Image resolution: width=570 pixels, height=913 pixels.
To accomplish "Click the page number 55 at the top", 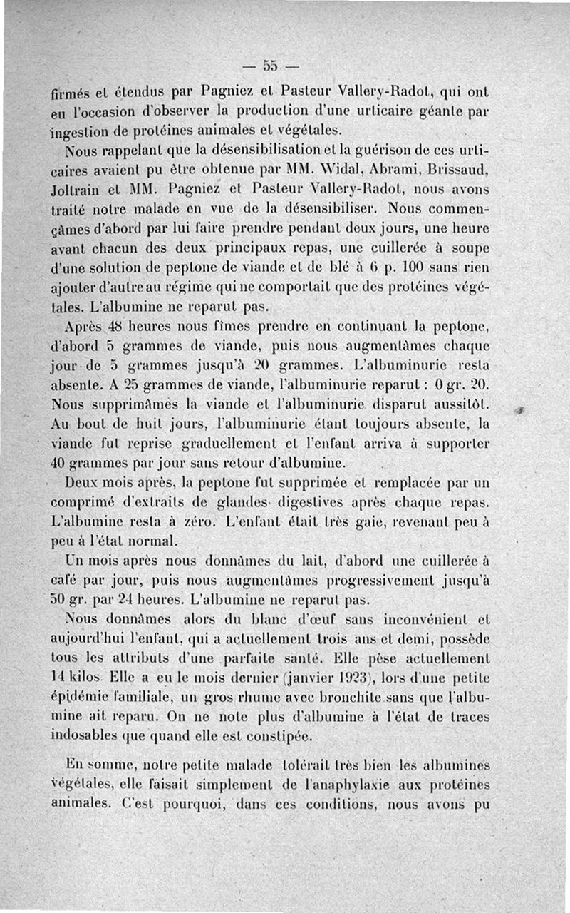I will [x=270, y=66].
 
